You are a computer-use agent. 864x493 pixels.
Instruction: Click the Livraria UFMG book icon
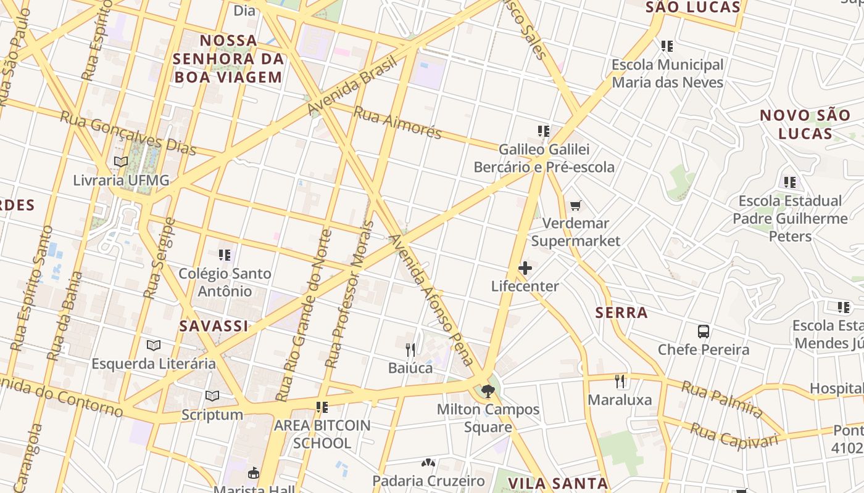coord(121,162)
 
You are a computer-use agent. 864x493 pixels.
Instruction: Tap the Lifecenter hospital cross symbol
coord(525,268)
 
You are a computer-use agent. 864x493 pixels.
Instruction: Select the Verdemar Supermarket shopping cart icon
coord(576,205)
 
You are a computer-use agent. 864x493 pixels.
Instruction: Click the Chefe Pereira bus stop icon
coord(704,332)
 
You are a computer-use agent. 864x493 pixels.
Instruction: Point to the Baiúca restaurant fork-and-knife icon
coord(410,350)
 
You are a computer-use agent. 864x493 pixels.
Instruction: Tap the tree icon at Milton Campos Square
coord(488,391)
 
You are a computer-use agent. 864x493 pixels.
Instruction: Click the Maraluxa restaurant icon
coord(620,381)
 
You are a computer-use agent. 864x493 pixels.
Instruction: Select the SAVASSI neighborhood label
coord(214,326)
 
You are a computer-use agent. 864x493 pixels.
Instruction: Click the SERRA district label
coord(621,313)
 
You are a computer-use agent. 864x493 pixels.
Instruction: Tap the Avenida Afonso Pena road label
coord(432,301)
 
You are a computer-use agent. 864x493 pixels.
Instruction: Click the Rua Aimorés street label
coord(397,122)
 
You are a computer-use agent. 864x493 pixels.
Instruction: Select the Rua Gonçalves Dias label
coord(128,133)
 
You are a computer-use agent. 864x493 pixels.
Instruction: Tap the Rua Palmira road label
coord(722,399)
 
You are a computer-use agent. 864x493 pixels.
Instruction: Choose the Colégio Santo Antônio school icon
coord(225,255)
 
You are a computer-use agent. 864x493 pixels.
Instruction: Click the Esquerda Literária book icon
coord(154,345)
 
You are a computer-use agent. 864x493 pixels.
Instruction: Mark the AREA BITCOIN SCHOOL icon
coord(322,407)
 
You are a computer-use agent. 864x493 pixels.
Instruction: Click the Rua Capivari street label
coord(734,436)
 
